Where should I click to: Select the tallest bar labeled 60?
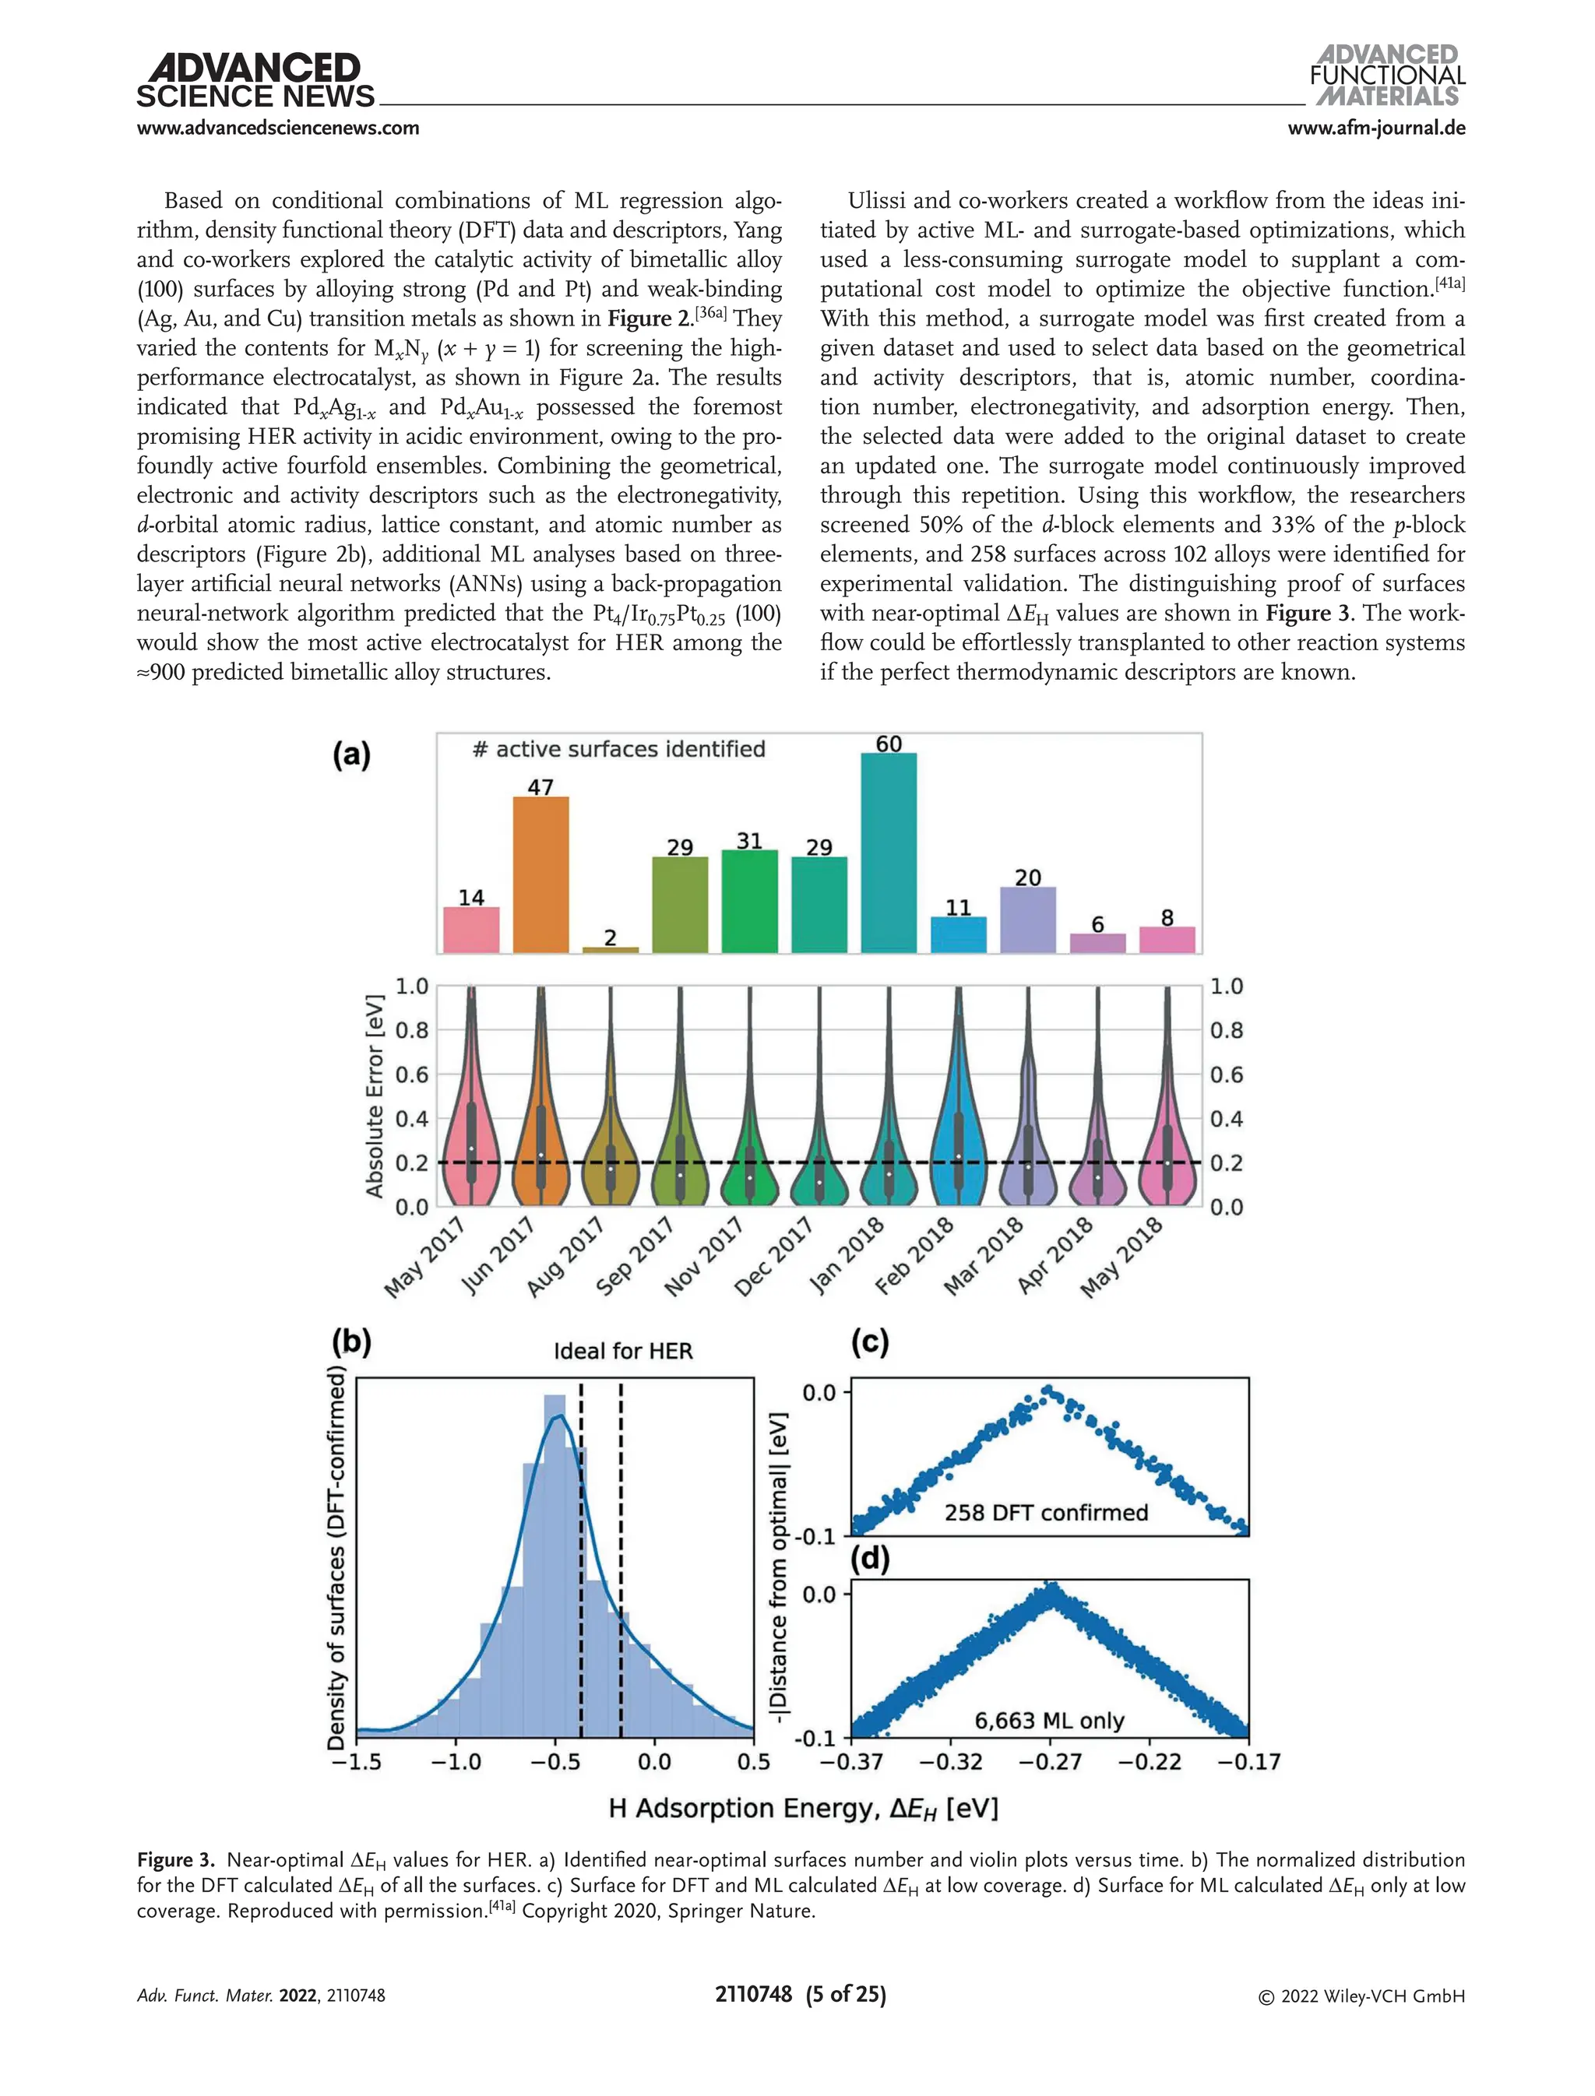pyautogui.click(x=889, y=853)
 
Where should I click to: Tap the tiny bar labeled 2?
pyautogui.click(x=611, y=949)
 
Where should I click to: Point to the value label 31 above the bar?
pyautogui.click(x=749, y=841)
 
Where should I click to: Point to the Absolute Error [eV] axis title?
pyautogui.click(x=375, y=1095)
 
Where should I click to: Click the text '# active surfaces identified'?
pyautogui.click(x=619, y=749)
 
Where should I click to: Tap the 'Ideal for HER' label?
pyautogui.click(x=623, y=1351)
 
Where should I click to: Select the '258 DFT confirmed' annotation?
pyautogui.click(x=1045, y=1512)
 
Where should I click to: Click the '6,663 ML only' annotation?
pyautogui.click(x=1049, y=1720)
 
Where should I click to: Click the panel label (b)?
pyautogui.click(x=351, y=1342)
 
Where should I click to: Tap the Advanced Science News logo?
pyautogui.click(x=255, y=82)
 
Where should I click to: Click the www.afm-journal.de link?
pyautogui.click(x=1375, y=128)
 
